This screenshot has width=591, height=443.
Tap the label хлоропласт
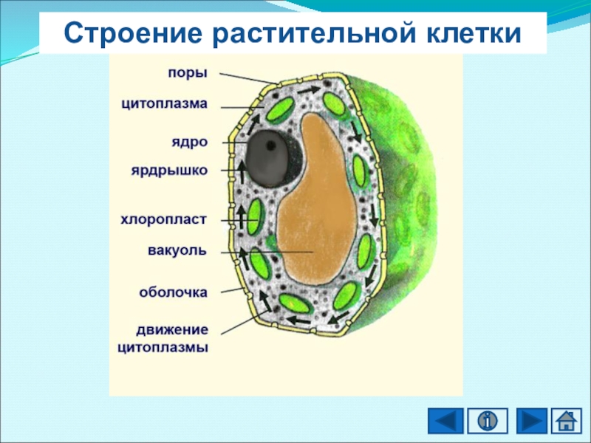coord(163,219)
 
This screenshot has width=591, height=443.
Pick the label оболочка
coord(174,292)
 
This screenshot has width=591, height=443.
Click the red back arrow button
coord(446,421)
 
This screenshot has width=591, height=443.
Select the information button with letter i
coord(486,421)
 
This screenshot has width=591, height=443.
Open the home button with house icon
coord(566,421)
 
